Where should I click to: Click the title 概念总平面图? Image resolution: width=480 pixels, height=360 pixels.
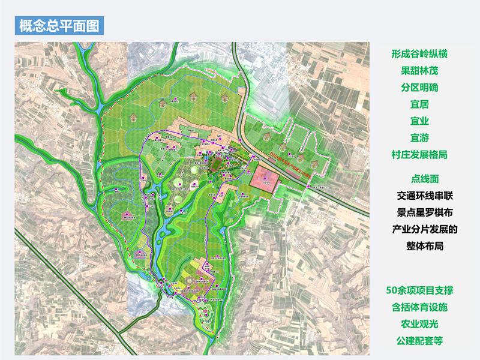[x=60, y=26]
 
